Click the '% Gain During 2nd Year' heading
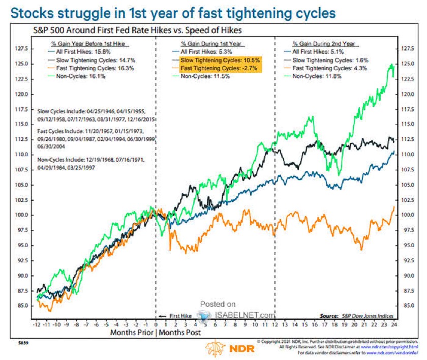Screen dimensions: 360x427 point(323,44)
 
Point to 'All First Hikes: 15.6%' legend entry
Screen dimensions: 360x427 point(75,51)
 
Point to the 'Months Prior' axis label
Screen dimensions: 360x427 point(131,333)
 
